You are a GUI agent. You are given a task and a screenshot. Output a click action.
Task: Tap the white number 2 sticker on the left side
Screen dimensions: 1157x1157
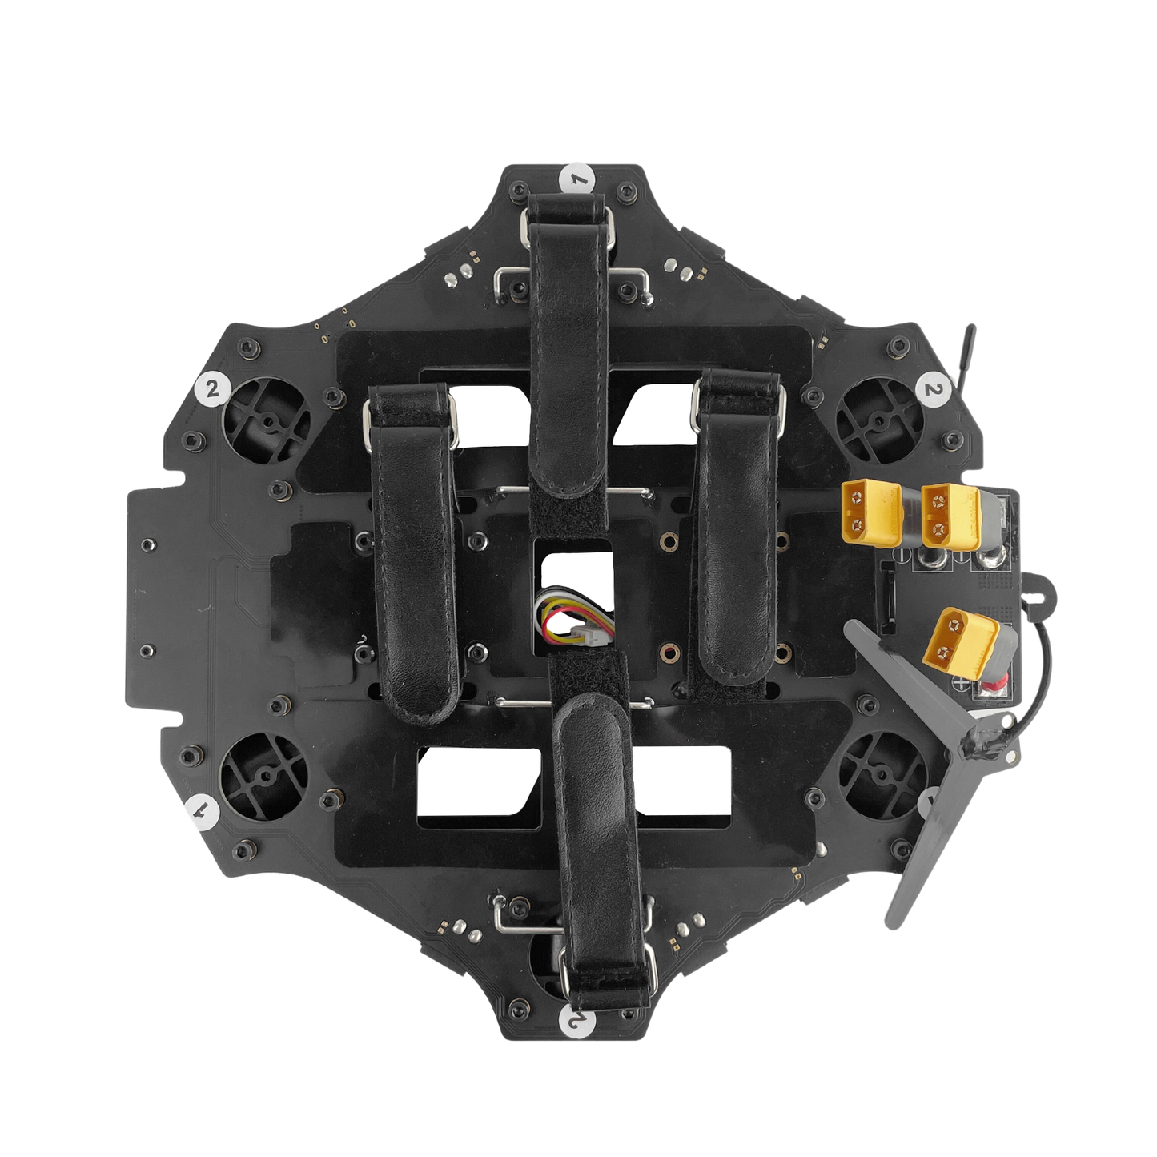[212, 389]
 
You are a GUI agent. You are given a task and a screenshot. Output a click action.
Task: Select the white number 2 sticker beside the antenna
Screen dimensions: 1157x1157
[932, 389]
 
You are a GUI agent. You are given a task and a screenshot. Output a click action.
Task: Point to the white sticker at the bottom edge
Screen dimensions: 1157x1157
[577, 1021]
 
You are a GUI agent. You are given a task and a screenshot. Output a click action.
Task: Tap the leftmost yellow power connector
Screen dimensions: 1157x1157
[870, 513]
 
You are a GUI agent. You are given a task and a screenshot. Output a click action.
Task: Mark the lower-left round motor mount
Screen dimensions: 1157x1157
[263, 775]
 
